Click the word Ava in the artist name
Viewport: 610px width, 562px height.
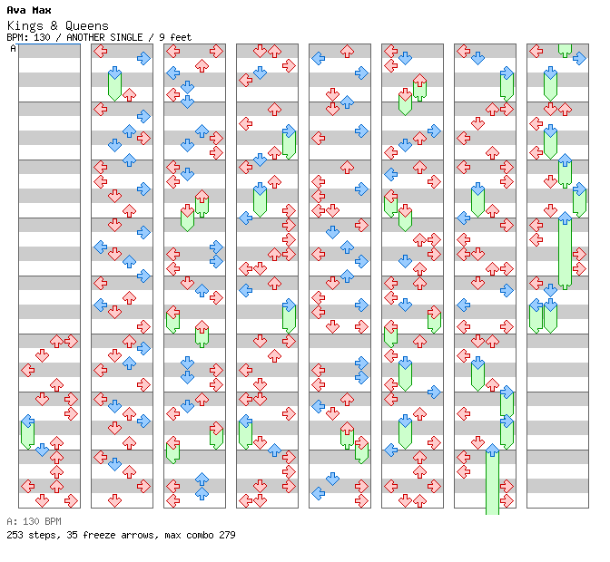(16, 11)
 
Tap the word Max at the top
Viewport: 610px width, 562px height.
(41, 11)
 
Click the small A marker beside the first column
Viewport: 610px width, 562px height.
(14, 48)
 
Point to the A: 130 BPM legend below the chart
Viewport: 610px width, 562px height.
(34, 521)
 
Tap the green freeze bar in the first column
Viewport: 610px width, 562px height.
(27, 433)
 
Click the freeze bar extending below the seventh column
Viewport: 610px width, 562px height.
(492, 485)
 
